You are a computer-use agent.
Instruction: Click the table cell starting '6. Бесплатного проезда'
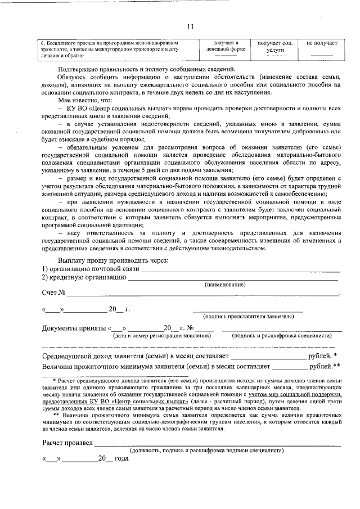tap(112, 49)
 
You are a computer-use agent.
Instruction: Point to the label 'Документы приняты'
tap(74, 328)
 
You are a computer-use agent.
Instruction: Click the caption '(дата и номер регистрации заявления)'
tap(162, 336)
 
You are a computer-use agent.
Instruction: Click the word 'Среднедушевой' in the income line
tap(71, 357)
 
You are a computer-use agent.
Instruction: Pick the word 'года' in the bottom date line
tap(121, 458)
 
